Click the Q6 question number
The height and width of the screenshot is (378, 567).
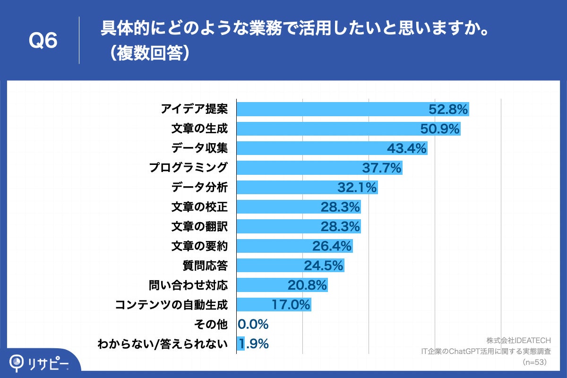43,41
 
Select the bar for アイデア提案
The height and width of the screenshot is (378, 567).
331,109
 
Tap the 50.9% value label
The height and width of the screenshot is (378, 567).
439,129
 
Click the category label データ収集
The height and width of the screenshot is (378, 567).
199,148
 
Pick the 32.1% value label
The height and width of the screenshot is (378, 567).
357,188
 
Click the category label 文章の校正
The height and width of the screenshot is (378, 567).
199,207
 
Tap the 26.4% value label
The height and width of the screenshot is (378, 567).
332,246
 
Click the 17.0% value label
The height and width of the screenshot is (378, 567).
291,305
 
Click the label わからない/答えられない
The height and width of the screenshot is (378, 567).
162,344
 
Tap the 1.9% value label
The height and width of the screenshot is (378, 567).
254,344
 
